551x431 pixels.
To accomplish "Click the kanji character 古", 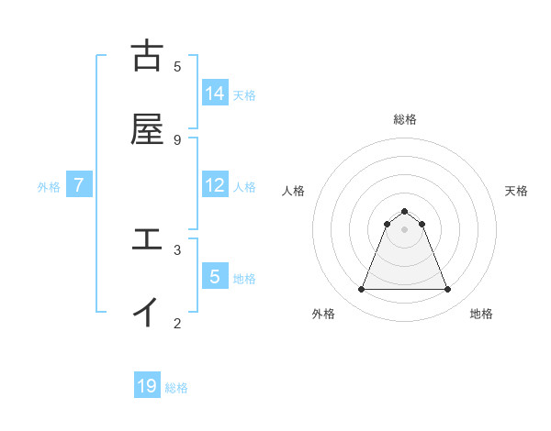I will tap(147, 56).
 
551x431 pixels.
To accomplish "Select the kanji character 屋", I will tap(147, 129).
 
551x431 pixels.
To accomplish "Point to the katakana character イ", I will tap(147, 312).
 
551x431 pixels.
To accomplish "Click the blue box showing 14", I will tap(215, 94).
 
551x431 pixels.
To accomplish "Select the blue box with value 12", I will tap(215, 185).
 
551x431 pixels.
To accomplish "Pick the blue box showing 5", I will tap(215, 276).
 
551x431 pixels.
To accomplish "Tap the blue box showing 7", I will tap(79, 185).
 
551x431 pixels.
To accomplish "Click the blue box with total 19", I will tap(147, 386).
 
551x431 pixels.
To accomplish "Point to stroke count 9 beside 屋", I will tap(177, 139).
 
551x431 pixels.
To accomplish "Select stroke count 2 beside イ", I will tap(177, 323).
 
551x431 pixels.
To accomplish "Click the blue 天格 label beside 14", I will tap(244, 94).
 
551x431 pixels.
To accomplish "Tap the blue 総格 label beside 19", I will tap(176, 388).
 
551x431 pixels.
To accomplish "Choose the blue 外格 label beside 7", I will tap(49, 186).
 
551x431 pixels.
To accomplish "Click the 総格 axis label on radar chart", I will tap(405, 119).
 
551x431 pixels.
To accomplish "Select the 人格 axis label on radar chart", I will tap(294, 191).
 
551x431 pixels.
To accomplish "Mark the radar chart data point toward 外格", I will tap(361, 290).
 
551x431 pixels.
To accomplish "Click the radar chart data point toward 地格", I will tap(448, 290).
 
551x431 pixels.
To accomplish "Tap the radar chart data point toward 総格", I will tap(405, 211).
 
